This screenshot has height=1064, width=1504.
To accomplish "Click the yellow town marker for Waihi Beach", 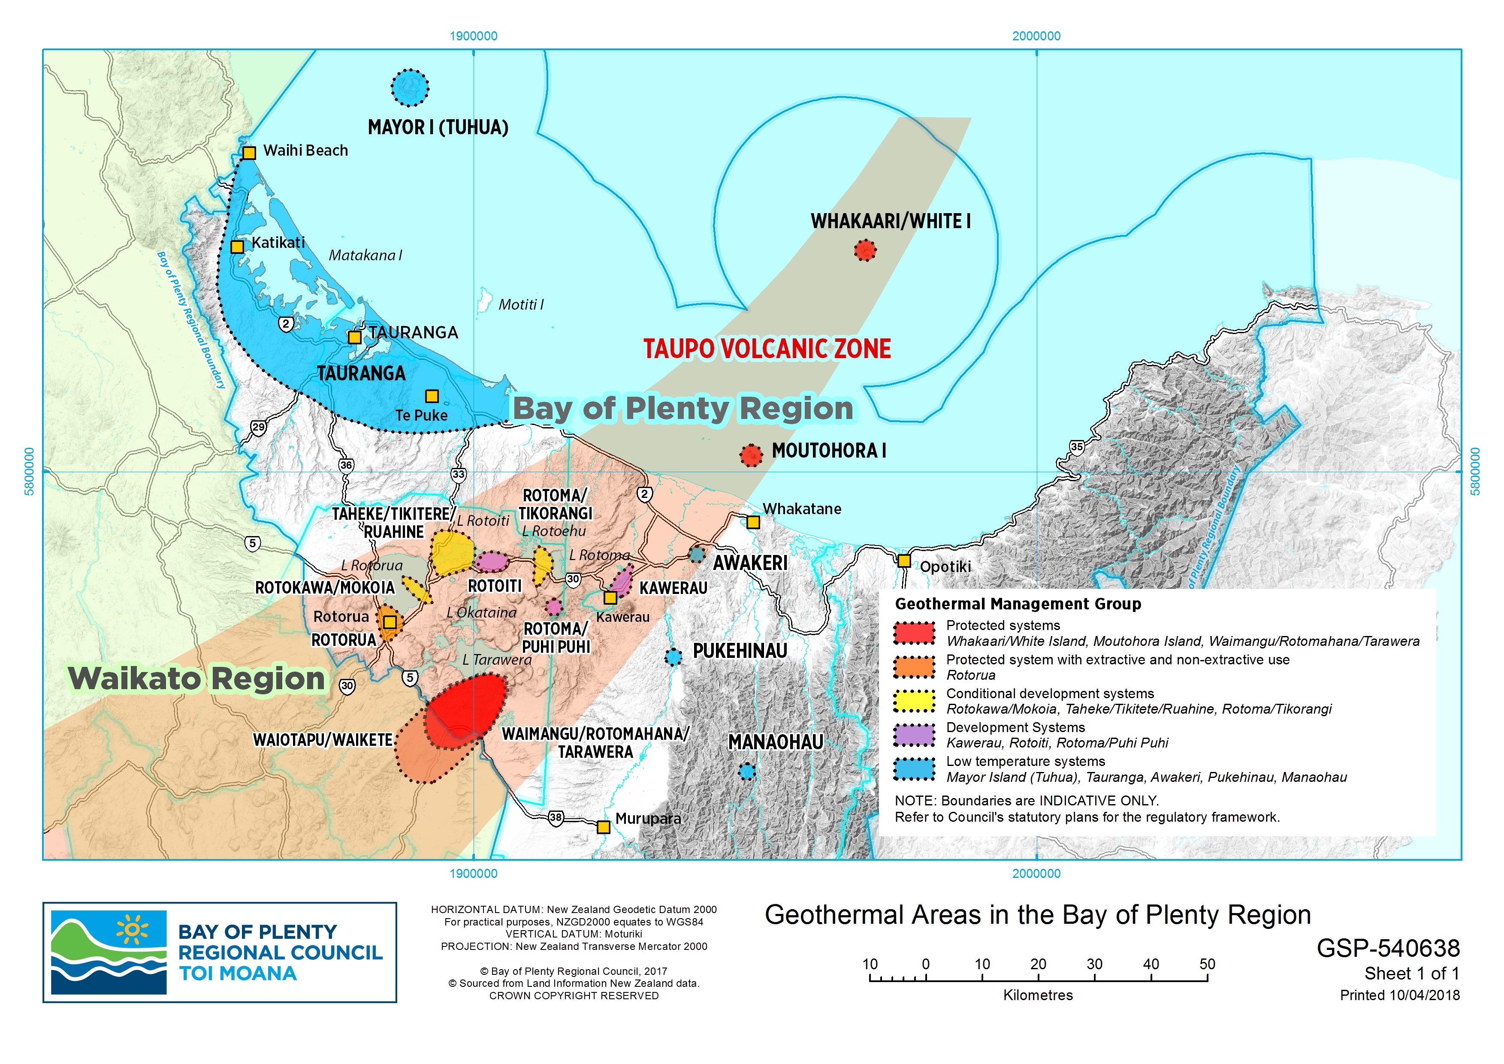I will [x=249, y=153].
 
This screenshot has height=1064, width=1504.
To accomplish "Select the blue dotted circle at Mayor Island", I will [x=410, y=87].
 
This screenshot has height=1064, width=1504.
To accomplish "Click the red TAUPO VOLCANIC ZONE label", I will [x=766, y=349].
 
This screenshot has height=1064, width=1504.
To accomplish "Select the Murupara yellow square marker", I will [x=604, y=827].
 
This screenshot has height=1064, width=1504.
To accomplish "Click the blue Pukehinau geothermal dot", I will [x=673, y=657].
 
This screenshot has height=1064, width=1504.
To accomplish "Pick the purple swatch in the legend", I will [x=914, y=735].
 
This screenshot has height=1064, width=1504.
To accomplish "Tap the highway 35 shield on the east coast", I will [x=1077, y=447].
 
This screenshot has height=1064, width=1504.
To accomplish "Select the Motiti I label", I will [x=520, y=304].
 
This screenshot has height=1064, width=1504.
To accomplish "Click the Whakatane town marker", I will [x=753, y=523].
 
